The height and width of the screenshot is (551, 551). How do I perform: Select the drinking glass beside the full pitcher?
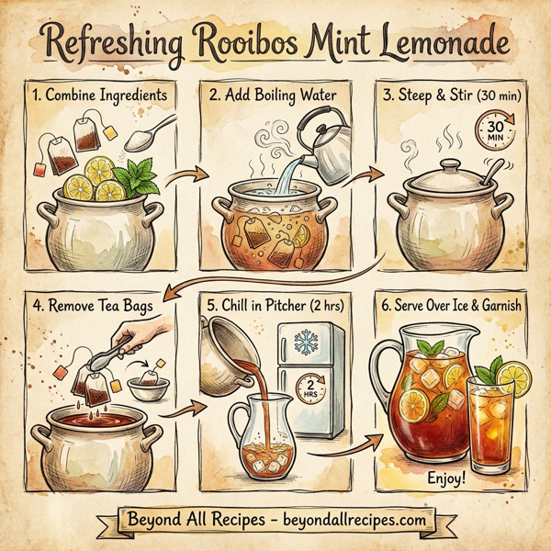coord(499,426)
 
